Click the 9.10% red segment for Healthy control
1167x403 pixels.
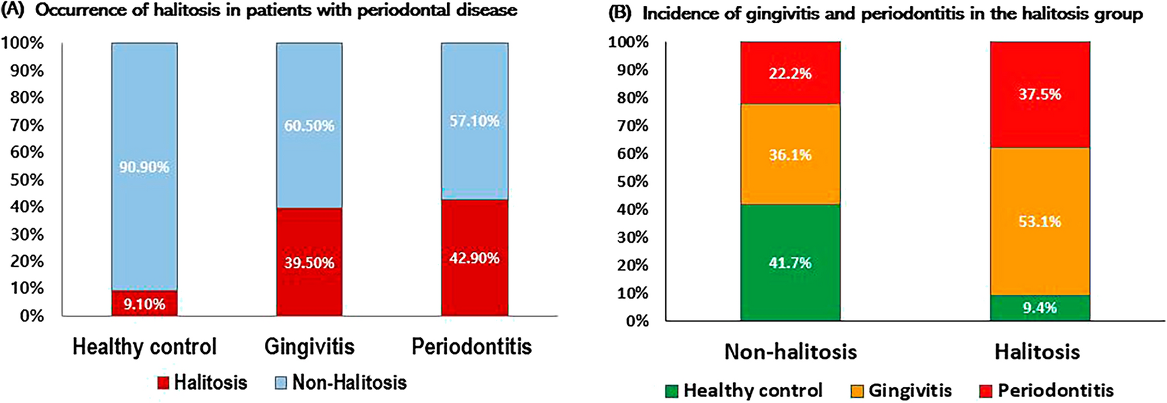tap(144, 303)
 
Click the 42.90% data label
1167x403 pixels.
tap(474, 258)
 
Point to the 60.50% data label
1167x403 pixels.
tap(309, 125)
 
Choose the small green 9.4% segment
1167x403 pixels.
tap(1040, 308)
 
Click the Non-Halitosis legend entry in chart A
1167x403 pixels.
tap(341, 383)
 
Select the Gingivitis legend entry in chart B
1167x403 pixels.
tap(902, 390)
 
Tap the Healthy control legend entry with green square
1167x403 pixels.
tap(745, 390)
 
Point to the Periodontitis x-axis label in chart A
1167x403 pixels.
tap(471, 347)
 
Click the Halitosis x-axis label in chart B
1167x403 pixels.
tap(1037, 352)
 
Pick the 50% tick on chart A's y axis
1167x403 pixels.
tap(26, 179)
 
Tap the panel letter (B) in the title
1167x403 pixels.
tap(620, 13)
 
